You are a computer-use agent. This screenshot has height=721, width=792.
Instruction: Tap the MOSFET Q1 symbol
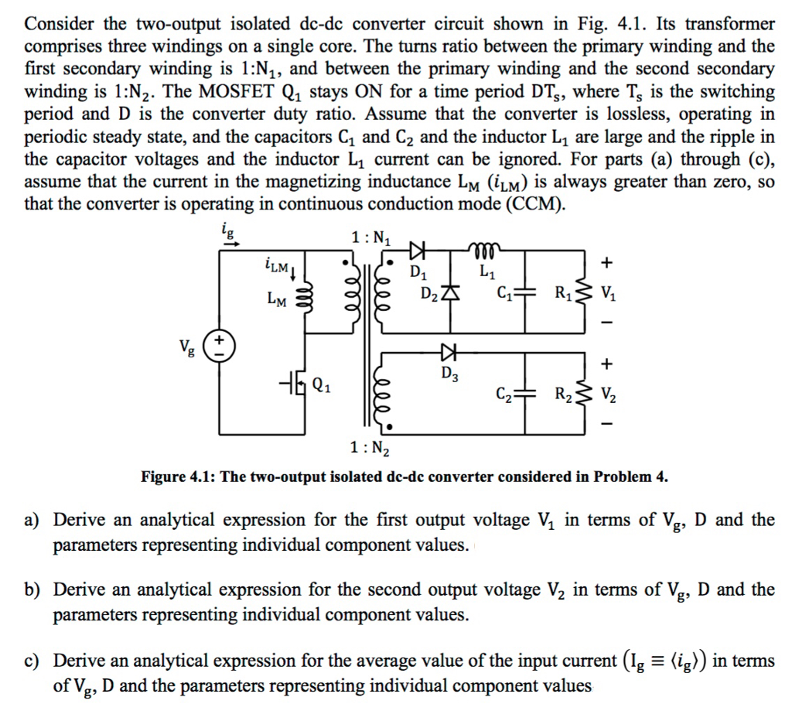point(296,383)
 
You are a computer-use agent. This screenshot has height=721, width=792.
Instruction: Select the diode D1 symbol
point(418,249)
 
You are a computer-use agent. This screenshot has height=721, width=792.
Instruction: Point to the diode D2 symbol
point(450,294)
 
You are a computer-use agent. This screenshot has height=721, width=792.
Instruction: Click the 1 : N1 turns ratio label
point(372,237)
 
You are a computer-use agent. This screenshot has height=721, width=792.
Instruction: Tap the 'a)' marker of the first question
point(32,521)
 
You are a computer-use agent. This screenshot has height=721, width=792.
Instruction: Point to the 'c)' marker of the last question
point(32,661)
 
